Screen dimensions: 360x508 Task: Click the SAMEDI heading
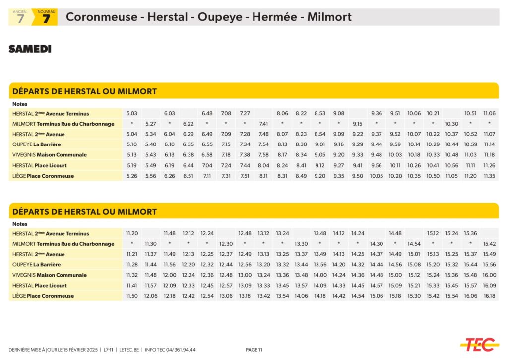[x=30, y=49]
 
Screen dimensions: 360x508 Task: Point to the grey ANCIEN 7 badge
[x=20, y=17]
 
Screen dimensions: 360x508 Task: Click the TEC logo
[x=479, y=344]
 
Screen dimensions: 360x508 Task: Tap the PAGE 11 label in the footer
[x=254, y=350]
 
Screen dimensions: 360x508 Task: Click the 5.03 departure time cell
[x=132, y=114]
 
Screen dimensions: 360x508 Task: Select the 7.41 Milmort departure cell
[x=263, y=124]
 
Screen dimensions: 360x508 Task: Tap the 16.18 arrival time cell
[x=489, y=296]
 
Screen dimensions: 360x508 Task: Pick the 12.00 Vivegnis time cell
[x=170, y=275]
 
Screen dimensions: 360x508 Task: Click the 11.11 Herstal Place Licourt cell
[x=470, y=165]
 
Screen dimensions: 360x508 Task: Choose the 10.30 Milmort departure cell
[x=451, y=124]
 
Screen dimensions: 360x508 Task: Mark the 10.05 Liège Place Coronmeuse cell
[x=377, y=176]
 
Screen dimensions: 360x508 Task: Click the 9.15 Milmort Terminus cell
[x=358, y=124]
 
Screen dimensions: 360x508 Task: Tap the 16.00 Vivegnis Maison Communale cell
[x=489, y=275]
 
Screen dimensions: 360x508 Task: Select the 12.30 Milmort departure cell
[x=226, y=244]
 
